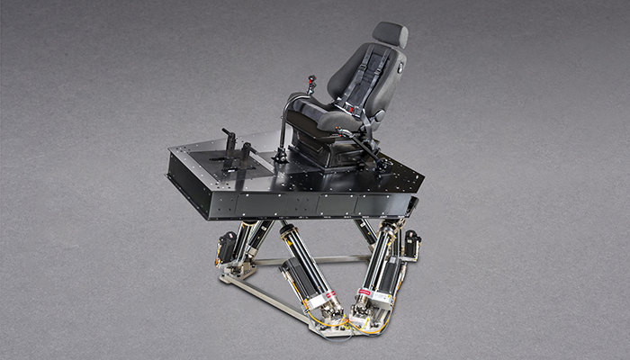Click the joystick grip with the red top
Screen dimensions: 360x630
click(314, 84)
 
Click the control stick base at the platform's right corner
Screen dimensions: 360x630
click(383, 165)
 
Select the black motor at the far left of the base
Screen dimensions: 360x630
click(226, 246)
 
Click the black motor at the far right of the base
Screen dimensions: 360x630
click(412, 243)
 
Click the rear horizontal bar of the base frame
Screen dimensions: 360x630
click(306, 260)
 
